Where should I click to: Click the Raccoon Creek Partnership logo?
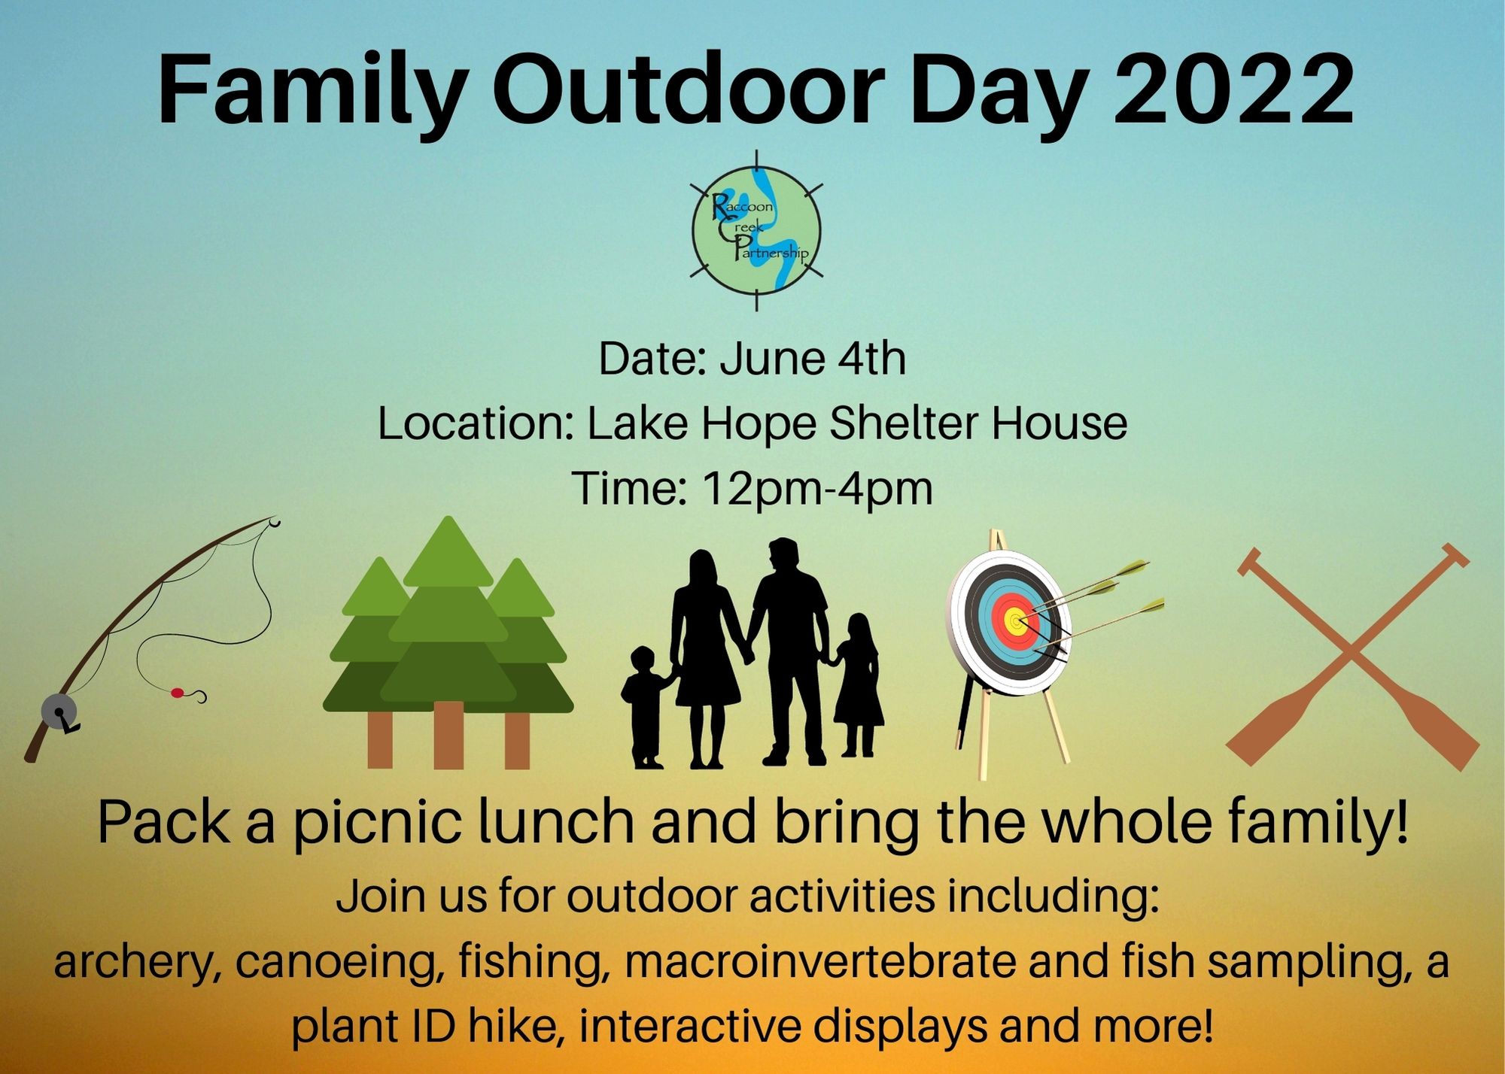(x=756, y=230)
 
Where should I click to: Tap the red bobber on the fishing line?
(x=178, y=692)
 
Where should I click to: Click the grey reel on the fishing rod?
(x=59, y=711)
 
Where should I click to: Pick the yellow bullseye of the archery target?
(x=1016, y=621)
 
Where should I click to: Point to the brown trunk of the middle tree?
(x=448, y=735)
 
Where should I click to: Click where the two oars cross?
(x=1352, y=654)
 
